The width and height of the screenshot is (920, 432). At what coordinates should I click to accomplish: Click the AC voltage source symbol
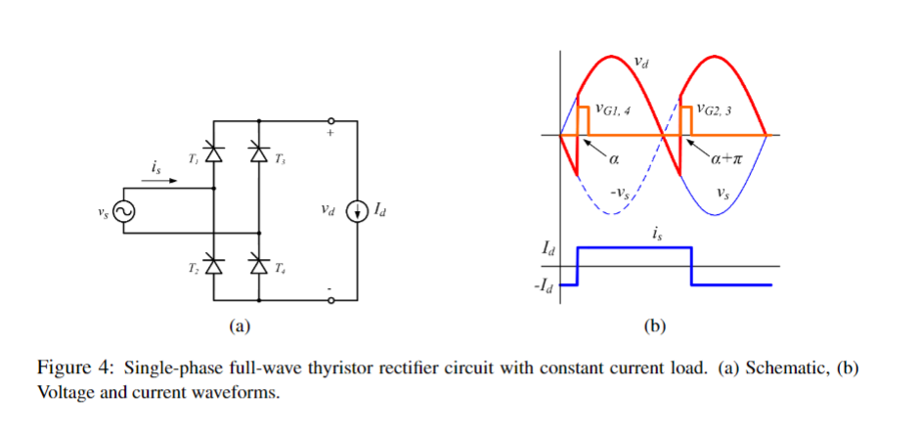(x=124, y=211)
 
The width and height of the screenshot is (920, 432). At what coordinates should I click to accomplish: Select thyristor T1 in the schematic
(x=214, y=152)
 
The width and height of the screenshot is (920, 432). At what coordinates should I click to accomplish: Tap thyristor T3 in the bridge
(x=259, y=152)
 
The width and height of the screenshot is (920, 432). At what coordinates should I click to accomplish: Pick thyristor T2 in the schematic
(x=214, y=265)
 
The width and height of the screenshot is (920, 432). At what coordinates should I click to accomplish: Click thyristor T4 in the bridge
(x=259, y=265)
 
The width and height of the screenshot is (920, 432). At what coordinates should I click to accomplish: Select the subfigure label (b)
(x=656, y=326)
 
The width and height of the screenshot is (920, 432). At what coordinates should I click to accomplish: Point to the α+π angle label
(x=729, y=159)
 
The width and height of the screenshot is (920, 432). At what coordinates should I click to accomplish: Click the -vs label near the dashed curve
(x=620, y=193)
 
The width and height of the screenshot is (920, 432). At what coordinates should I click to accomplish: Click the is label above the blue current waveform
(x=656, y=234)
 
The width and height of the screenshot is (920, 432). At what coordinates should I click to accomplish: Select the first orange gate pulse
(x=584, y=120)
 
